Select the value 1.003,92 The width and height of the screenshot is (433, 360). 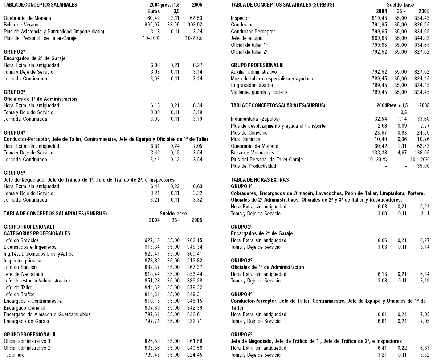pyautogui.click(x=193, y=25)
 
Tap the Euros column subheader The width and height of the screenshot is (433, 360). pyautogui.click(x=151, y=11)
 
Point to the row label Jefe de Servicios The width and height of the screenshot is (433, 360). pyautogui.click(x=21, y=240)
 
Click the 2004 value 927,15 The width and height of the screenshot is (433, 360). pyautogui.click(x=152, y=240)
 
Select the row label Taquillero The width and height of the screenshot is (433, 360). pyautogui.click(x=14, y=355)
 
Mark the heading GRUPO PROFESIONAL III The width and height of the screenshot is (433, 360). pyautogui.click(x=257, y=65)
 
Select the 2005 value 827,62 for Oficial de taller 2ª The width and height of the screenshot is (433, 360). pyautogui.click(x=422, y=52)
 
